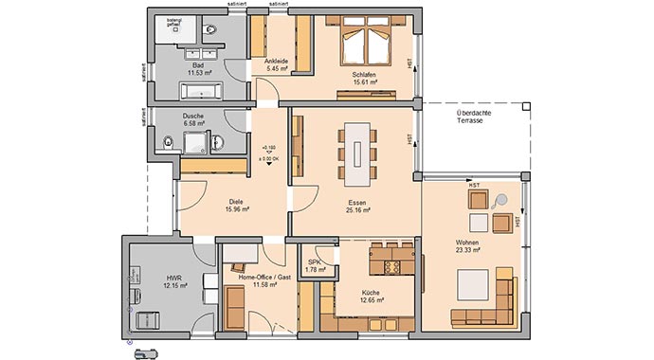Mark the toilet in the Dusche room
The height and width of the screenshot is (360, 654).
point(169,143)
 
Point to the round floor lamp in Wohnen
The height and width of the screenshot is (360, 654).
point(501,200)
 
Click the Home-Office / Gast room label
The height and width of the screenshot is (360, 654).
point(258,279)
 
